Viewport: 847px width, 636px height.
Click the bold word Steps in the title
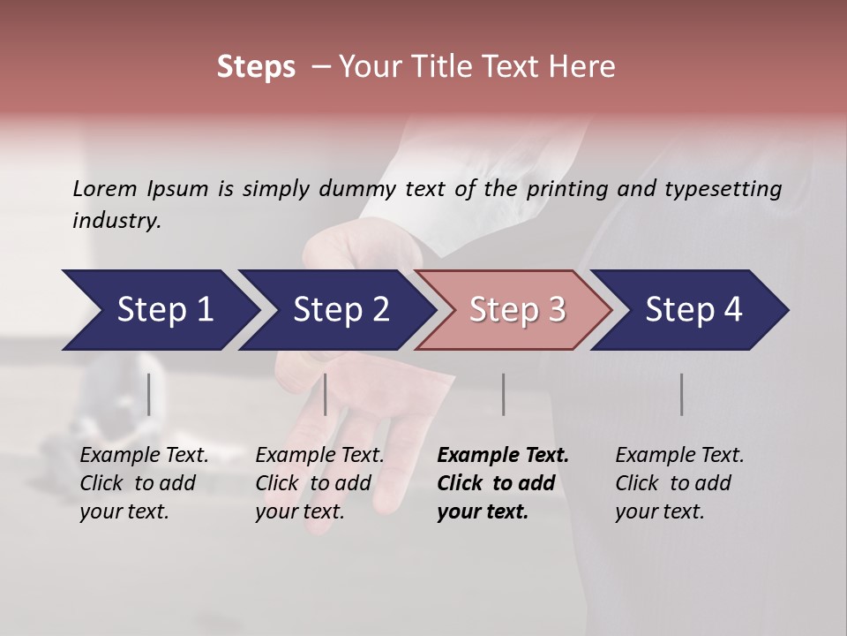click(256, 67)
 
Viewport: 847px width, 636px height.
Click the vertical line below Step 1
click(149, 394)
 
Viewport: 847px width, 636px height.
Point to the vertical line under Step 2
click(326, 394)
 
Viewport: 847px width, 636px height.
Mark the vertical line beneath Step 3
click(503, 394)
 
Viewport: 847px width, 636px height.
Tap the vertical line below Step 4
click(681, 394)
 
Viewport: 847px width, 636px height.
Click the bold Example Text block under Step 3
click(502, 483)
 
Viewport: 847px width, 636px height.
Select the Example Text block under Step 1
click(144, 483)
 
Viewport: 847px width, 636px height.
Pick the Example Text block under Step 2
click(319, 483)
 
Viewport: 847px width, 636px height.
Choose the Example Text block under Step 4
click(679, 483)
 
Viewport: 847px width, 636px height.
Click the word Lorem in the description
click(105, 189)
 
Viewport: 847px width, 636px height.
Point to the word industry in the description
click(116, 221)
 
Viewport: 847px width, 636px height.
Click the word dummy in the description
click(355, 189)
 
